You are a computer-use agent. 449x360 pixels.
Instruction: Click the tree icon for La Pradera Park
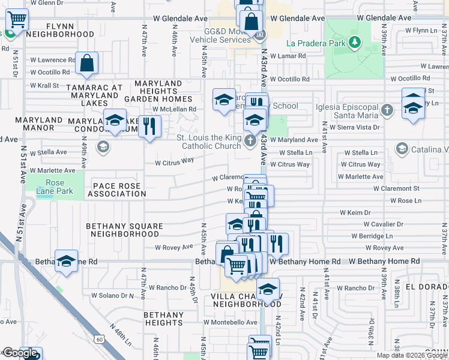[355, 42]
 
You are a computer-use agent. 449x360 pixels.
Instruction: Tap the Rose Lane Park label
[55, 187]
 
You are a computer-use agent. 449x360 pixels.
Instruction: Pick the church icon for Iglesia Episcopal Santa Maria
[388, 110]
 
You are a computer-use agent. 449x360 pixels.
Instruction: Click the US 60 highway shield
[99, 339]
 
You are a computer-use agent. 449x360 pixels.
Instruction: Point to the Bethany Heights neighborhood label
[164, 319]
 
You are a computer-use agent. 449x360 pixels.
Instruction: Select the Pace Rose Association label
[117, 190]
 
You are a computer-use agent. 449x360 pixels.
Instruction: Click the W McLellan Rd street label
[174, 109]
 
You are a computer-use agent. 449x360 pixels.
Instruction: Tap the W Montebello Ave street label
[231, 322]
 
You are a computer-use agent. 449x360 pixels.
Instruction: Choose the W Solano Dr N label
[106, 295]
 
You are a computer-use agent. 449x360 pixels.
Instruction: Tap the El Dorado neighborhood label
[427, 287]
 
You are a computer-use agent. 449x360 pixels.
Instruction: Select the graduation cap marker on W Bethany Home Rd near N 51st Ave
[67, 260]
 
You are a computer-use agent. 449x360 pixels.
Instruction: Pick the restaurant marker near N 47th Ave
[149, 127]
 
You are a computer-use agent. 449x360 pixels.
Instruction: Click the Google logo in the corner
[19, 353]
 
